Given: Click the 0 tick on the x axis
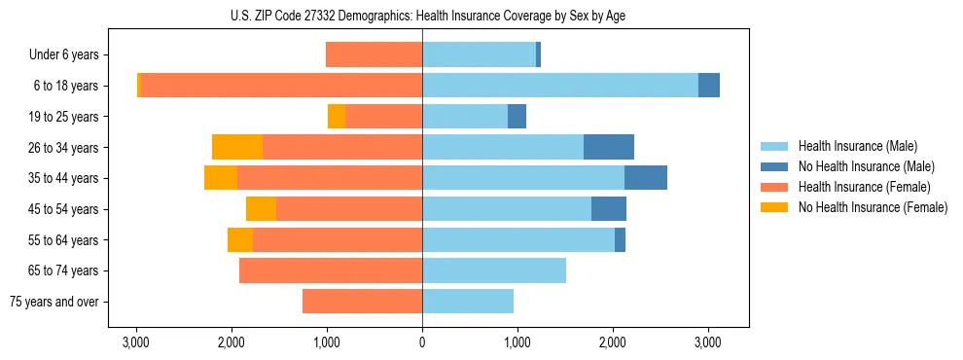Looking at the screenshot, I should coord(422,342).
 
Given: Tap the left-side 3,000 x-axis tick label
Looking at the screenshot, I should coord(136,342).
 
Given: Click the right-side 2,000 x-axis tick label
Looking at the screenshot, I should coord(613,342).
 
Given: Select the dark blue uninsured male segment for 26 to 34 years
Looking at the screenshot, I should coord(609,147).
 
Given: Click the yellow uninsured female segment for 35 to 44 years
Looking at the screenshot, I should coord(221,178).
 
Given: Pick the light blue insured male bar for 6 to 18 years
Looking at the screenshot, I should coord(560,86).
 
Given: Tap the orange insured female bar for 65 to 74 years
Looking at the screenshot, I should coord(331,270).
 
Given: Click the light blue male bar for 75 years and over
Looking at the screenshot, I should coord(468,302).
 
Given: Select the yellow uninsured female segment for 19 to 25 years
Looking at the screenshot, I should coord(337,117).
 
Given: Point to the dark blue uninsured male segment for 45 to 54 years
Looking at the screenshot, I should coord(609,209).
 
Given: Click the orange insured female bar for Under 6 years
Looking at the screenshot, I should coord(374,55).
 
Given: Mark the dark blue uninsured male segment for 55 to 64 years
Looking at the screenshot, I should coord(620,239).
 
